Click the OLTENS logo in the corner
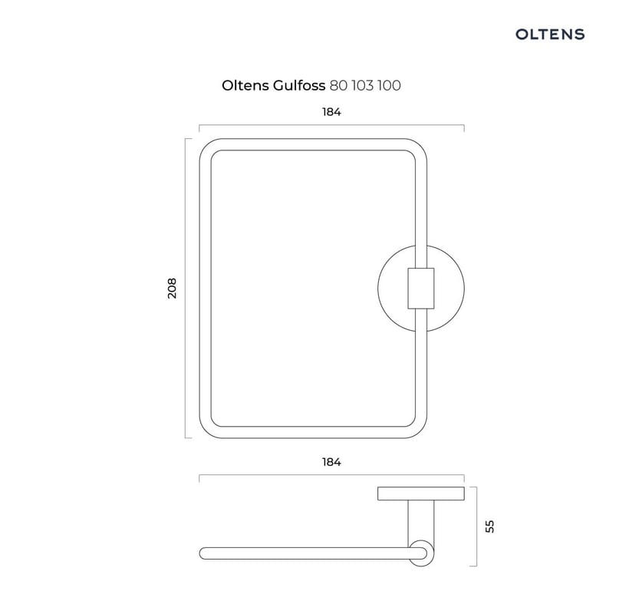[x=549, y=34]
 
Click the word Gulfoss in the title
[x=299, y=85]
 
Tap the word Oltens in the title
[x=245, y=85]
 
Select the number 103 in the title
[x=362, y=85]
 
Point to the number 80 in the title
[x=338, y=85]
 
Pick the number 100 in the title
[x=389, y=85]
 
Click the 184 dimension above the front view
[x=331, y=112]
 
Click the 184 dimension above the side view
[x=331, y=462]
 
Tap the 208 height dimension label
[x=172, y=288]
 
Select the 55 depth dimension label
[x=489, y=527]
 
